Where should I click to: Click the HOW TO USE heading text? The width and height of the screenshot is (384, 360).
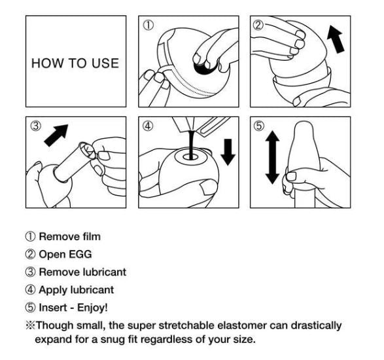pos(76,63)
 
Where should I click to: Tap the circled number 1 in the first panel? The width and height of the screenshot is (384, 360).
pos(148,26)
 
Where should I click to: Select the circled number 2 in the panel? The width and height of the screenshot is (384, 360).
pos(259,26)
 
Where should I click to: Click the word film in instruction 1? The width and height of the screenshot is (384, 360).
pos(90,236)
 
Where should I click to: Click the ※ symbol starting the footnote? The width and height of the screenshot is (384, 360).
pos(31,325)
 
